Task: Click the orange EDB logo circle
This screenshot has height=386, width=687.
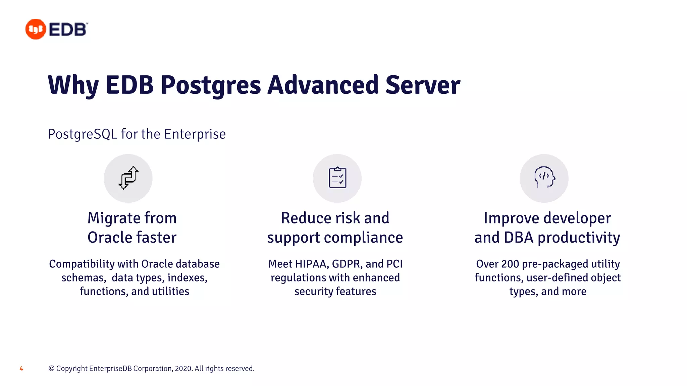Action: coord(36,29)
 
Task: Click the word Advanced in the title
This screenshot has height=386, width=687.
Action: coord(323,85)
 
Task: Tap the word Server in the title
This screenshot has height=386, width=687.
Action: coord(423,85)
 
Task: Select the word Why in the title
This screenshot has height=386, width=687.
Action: coord(73,85)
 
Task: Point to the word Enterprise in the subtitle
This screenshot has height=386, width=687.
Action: coord(195,134)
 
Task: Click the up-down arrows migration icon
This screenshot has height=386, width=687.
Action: coord(128,178)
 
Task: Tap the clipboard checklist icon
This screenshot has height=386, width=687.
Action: coord(337,178)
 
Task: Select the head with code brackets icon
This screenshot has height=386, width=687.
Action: coord(544,178)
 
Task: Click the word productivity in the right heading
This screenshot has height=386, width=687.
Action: coord(579,238)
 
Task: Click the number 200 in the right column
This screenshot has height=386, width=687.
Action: coord(510,264)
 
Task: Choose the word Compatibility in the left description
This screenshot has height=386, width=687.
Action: coord(82,264)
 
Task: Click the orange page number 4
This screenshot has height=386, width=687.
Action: coord(21,369)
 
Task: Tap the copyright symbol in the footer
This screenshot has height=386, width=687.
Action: coord(51,369)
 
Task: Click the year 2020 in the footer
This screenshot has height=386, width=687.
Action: coord(183,369)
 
